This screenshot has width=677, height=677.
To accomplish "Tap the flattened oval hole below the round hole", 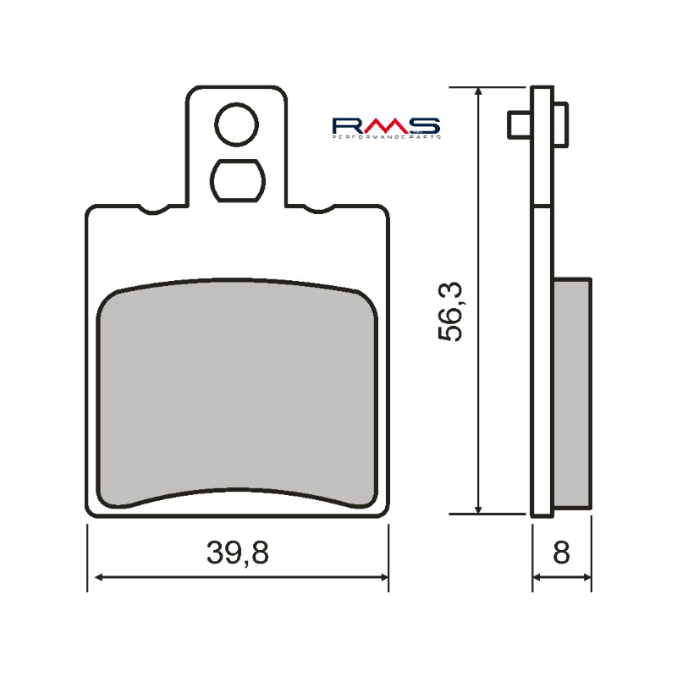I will pyautogui.click(x=236, y=179).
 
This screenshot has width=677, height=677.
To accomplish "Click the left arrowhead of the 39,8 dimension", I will pyautogui.click(x=96, y=577).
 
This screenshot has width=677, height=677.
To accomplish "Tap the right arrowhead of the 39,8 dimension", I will pyautogui.click(x=383, y=577).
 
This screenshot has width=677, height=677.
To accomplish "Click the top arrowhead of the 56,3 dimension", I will pyautogui.click(x=480, y=93).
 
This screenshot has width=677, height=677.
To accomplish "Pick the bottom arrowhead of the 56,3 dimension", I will pyautogui.click(x=480, y=507).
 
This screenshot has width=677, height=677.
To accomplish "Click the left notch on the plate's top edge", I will pyautogui.click(x=157, y=209).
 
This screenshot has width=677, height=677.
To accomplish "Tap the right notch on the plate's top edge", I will pyautogui.click(x=316, y=209).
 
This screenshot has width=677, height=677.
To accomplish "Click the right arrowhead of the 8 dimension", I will pyautogui.click(x=586, y=577).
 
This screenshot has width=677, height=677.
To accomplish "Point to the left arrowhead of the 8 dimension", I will pyautogui.click(x=537, y=577).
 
